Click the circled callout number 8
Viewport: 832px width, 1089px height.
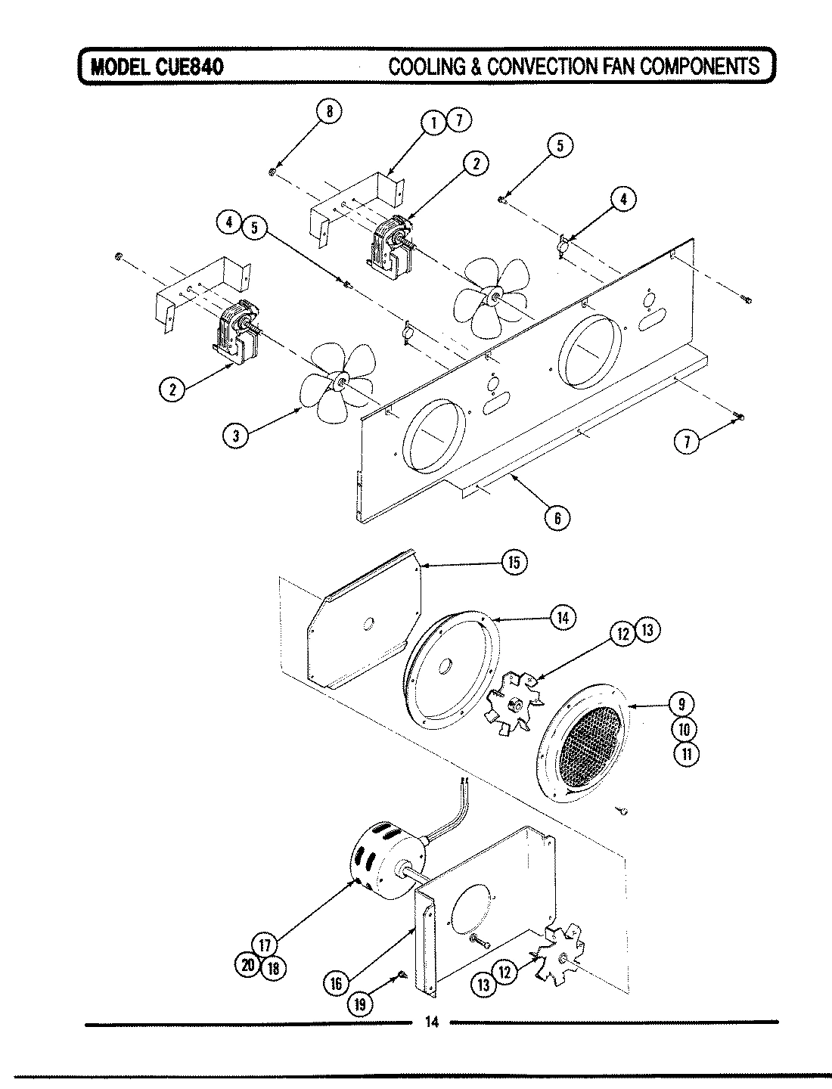point(328,111)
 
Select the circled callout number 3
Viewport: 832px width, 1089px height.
point(236,434)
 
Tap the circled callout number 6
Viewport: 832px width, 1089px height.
point(557,517)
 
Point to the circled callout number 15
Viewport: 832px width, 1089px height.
point(514,562)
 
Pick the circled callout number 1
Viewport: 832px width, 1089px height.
point(433,122)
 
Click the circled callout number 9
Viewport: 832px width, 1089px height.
point(682,704)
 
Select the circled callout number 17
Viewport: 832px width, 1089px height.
point(265,945)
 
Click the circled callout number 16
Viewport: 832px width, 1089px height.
point(337,982)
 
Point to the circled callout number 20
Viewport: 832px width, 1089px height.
point(247,966)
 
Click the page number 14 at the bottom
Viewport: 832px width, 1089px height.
point(431,1023)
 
